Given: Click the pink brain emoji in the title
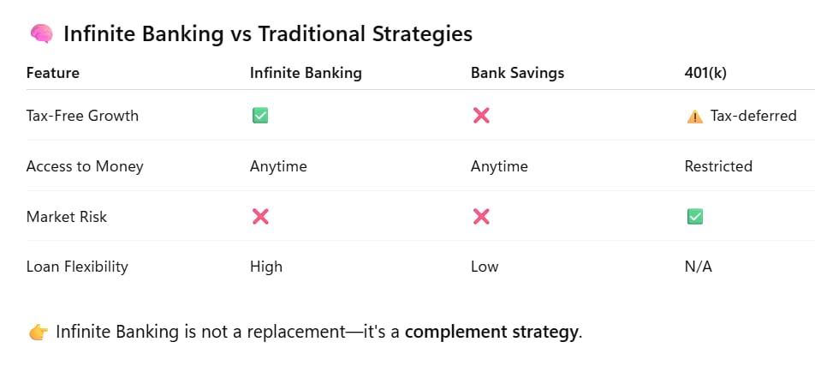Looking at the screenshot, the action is click(x=41, y=34).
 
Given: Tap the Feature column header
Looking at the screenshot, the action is click(x=52, y=73).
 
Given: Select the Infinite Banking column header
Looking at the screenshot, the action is click(x=306, y=73).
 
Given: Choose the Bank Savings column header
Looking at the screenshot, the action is click(x=517, y=73).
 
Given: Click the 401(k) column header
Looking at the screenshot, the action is click(x=705, y=73).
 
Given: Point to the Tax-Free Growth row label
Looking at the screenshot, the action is click(x=82, y=116).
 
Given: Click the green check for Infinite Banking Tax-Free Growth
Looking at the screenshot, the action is click(x=260, y=116).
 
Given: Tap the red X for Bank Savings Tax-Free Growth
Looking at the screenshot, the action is click(x=481, y=116).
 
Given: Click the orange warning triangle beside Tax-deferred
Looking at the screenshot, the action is click(x=695, y=116).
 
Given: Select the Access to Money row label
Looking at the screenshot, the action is click(x=85, y=166).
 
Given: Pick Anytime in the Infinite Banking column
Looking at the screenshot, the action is click(x=278, y=166).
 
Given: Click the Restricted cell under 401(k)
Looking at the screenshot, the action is click(x=718, y=166).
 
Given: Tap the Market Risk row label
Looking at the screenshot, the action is click(x=67, y=217).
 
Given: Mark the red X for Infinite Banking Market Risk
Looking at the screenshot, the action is click(x=260, y=217).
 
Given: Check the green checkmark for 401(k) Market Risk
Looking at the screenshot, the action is click(x=695, y=217).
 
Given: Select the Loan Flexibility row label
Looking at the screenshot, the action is click(x=77, y=267).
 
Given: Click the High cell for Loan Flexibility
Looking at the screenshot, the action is click(x=266, y=267).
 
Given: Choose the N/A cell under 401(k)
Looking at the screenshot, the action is click(x=698, y=267).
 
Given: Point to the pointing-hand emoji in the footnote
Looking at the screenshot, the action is click(x=39, y=332).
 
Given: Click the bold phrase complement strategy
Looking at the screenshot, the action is click(x=491, y=332).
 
